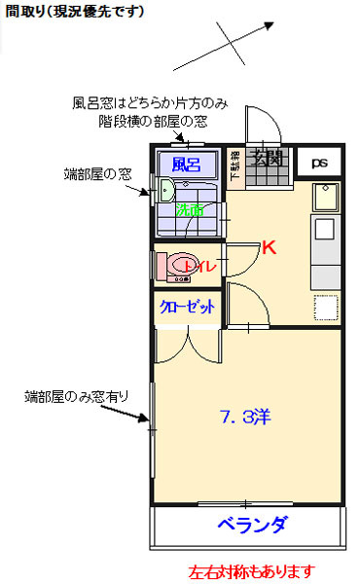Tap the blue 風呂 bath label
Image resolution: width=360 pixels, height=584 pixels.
pos(187,163)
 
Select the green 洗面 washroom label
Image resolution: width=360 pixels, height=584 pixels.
pos(190,208)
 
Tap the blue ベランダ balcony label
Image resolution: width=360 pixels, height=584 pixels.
pos(252,526)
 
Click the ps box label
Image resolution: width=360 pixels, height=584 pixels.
pos(320,164)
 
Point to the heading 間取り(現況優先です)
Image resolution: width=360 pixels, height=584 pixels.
pos(74,12)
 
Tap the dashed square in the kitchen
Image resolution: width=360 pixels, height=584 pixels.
pos(324,308)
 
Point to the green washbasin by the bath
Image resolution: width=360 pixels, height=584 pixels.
pos(165,190)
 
